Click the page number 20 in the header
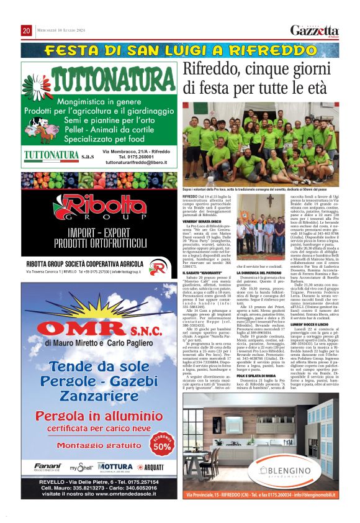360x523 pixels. click(27, 31)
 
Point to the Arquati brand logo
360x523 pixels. click(152, 466)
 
